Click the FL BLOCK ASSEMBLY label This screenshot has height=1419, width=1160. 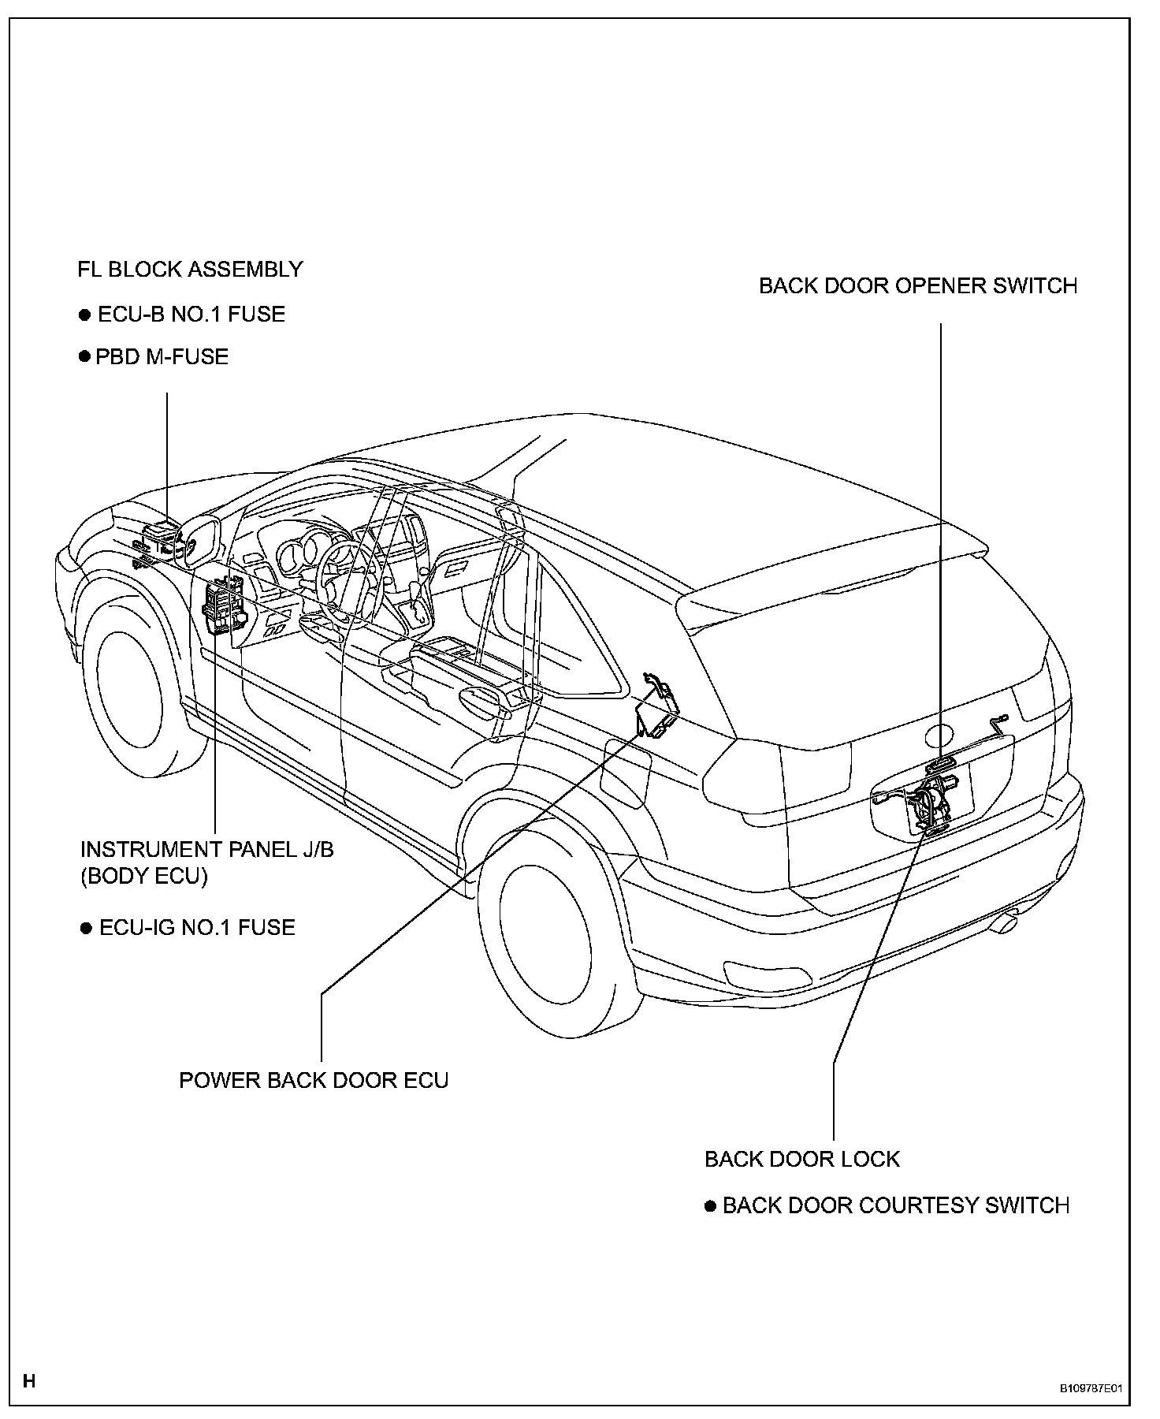coord(190,270)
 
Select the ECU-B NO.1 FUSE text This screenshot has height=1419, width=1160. coord(191,315)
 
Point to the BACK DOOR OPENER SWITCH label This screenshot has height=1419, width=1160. coord(917,285)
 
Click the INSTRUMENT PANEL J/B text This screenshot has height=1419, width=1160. coord(206,850)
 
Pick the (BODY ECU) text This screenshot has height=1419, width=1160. coord(143,877)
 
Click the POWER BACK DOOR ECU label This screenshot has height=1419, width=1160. coord(314,1080)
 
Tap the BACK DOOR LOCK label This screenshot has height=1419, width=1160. coord(801,1160)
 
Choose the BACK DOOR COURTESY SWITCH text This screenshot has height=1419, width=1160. coord(895,1205)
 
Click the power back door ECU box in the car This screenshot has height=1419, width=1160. coord(658,708)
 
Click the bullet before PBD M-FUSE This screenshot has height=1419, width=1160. coord(85,357)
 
